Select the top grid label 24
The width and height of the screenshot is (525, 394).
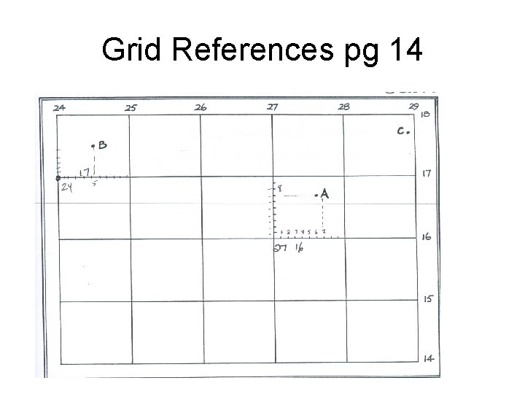click(60, 107)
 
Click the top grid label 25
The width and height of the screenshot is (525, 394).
click(131, 108)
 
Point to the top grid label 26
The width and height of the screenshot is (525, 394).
click(201, 107)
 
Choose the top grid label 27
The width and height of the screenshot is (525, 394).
click(272, 107)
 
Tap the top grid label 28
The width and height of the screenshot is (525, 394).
click(343, 107)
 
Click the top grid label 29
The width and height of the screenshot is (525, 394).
click(413, 107)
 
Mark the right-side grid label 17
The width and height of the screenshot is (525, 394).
click(428, 174)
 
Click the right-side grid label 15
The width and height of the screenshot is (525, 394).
click(429, 298)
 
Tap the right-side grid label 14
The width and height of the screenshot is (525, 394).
click(429, 358)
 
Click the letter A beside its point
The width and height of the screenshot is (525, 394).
click(324, 194)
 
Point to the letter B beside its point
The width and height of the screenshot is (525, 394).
click(102, 145)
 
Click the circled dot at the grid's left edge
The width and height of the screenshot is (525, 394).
click(58, 177)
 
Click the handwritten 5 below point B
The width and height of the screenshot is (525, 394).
click(95, 183)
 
